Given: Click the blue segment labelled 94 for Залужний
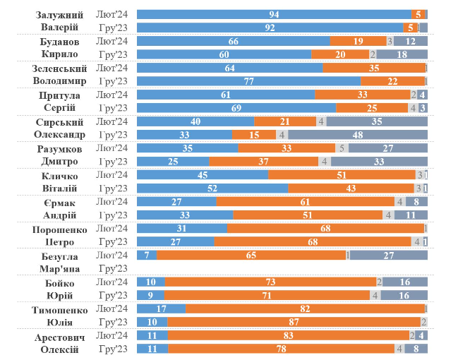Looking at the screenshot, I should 274,14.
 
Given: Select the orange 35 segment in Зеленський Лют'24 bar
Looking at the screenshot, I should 374,68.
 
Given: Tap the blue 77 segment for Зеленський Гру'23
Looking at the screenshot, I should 248,81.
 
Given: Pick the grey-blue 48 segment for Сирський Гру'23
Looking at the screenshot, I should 357,135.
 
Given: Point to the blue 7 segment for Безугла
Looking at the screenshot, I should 146,256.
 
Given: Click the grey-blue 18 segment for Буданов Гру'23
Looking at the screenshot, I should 402,54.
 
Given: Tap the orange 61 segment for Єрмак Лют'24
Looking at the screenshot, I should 305,202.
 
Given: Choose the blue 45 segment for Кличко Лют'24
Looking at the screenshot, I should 202,175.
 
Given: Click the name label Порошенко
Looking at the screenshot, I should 59,229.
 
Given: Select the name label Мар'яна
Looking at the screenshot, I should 59,269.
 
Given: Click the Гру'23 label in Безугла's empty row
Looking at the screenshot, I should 112,269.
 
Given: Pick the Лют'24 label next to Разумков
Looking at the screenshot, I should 112,148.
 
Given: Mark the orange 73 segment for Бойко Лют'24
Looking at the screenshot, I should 270,282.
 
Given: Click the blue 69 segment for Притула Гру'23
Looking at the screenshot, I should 236,108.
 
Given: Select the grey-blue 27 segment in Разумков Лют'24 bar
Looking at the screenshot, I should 387,148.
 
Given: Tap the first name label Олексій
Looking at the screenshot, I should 59,349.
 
